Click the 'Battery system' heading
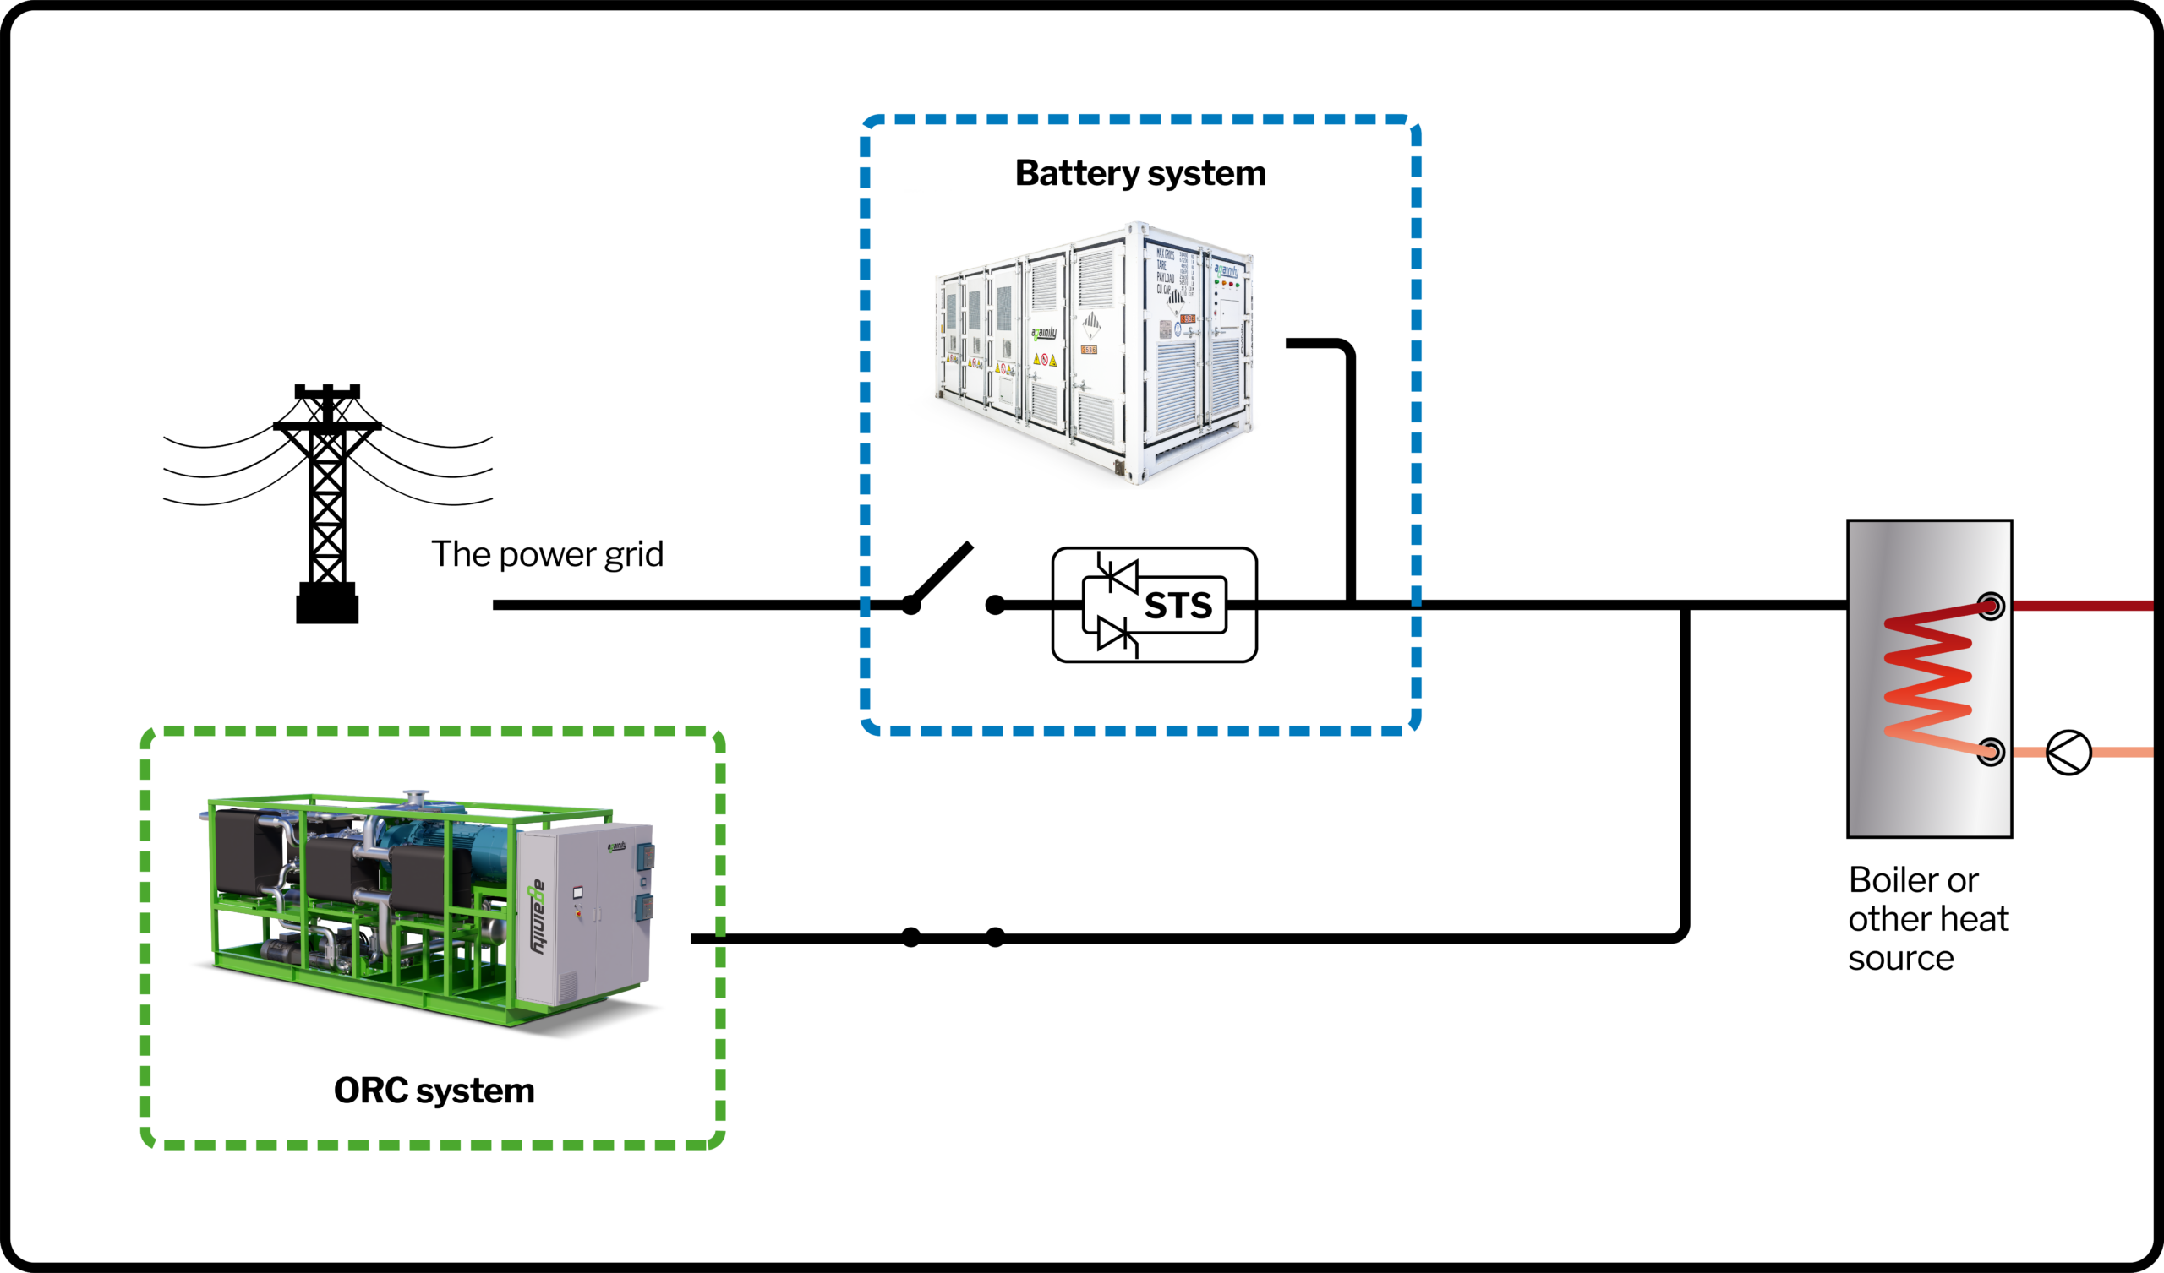coord(1139,173)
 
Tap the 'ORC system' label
coord(434,1091)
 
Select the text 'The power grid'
coord(547,553)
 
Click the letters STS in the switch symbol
coord(1178,606)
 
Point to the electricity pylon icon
coord(327,498)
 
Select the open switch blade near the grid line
coord(941,574)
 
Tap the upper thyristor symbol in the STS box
coord(1118,575)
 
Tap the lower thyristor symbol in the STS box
coord(1118,636)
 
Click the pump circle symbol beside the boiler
coord(2068,753)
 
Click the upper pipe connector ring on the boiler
coord(1991,606)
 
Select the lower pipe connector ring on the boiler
coord(1991,752)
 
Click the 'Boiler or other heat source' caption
coord(1927,918)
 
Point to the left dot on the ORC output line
coord(911,938)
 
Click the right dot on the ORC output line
coord(995,938)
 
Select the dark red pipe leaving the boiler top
coord(2082,606)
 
